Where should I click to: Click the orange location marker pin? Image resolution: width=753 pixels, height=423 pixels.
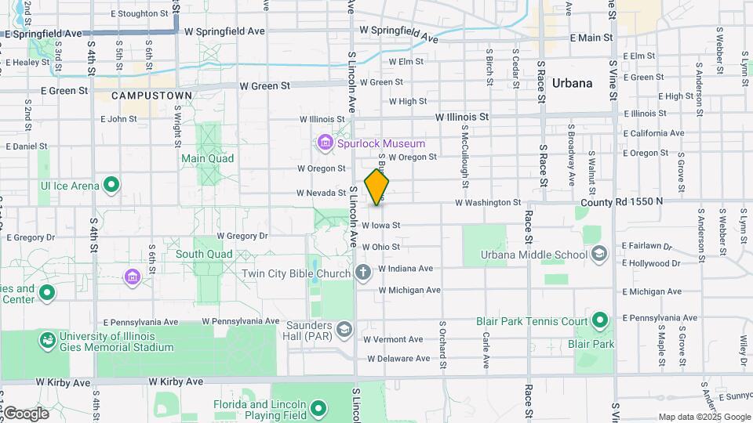[x=377, y=186]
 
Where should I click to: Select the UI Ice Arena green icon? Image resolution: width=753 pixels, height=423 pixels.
[x=112, y=186]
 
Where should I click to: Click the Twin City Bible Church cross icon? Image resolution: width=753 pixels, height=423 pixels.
[x=362, y=273]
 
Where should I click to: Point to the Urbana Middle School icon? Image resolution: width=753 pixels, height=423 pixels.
[x=600, y=254]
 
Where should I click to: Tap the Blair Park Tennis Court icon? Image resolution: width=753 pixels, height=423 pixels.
[x=600, y=320]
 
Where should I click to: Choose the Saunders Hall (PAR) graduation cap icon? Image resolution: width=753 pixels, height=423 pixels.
[x=344, y=328]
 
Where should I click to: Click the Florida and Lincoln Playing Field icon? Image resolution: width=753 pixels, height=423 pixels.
[x=318, y=408]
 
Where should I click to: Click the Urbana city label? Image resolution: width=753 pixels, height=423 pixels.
[x=572, y=83]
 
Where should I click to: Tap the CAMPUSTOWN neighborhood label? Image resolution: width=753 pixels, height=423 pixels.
[x=151, y=96]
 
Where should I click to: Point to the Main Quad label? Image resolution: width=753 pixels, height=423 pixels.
[x=208, y=157]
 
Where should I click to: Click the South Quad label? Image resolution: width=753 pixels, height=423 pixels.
[x=203, y=254]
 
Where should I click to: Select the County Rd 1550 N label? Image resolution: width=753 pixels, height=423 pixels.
[x=622, y=201]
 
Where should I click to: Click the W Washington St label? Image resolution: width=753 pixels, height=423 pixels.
[x=488, y=202]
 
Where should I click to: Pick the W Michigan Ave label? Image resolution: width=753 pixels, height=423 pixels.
[x=410, y=290]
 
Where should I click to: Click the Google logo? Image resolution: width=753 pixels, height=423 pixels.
[x=25, y=413]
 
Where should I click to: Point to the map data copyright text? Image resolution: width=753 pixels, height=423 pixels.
[x=704, y=417]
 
